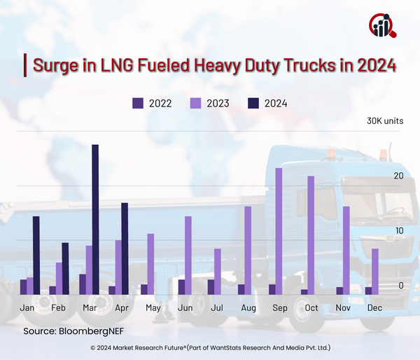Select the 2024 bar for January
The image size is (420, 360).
(x=36, y=255)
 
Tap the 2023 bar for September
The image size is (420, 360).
(x=279, y=231)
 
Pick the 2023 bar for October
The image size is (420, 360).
(x=310, y=235)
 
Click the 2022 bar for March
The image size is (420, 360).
(x=83, y=284)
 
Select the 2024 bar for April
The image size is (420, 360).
(x=125, y=249)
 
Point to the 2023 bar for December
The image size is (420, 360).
(x=375, y=272)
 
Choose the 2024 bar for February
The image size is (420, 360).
(x=65, y=268)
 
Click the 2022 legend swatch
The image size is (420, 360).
(x=138, y=103)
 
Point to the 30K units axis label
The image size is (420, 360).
(x=385, y=120)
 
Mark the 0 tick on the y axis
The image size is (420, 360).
(x=400, y=286)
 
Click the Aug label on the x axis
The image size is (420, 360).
(x=248, y=308)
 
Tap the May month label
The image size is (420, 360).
(x=153, y=308)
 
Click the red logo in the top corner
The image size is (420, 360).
(x=382, y=25)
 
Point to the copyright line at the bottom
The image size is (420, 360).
(x=210, y=347)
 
